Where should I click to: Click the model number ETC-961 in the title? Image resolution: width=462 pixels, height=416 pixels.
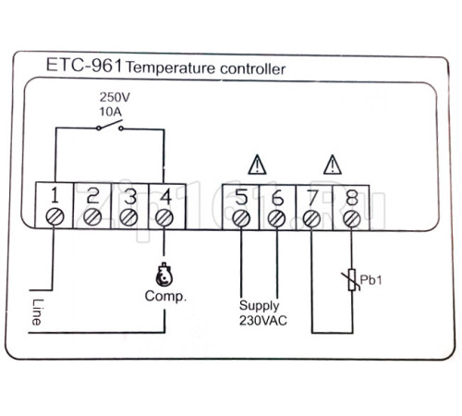tap(84, 66)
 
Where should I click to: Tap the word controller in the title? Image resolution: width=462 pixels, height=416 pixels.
tap(252, 69)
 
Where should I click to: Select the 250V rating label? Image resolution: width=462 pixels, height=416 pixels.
tap(115, 97)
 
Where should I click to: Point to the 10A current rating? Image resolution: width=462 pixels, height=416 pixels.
tap(111, 112)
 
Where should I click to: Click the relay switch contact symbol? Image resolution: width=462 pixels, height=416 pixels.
tap(110, 126)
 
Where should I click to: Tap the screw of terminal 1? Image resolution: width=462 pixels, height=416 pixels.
tap(55, 217)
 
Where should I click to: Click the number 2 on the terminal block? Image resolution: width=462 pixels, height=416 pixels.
tap(92, 196)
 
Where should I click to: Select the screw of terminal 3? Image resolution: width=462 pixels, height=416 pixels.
tap(129, 217)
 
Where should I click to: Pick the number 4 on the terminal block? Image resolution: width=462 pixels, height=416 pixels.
tap(165, 196)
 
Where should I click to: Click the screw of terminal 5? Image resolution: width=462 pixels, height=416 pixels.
tap(241, 218)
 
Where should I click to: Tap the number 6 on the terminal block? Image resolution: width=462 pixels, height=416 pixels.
tap(278, 198)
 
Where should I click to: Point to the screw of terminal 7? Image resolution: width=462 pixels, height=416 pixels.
tap(311, 219)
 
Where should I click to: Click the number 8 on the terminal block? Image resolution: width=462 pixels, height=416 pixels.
tap(351, 198)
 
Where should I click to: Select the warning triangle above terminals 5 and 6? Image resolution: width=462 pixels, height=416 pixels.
tap(257, 165)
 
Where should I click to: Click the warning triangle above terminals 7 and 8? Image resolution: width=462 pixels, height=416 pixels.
tap(333, 165)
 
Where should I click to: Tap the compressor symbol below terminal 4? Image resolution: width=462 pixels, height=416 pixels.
tap(164, 275)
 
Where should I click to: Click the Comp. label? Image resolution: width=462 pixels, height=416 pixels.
tap(165, 297)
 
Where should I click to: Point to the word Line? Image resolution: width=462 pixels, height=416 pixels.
tap(37, 312)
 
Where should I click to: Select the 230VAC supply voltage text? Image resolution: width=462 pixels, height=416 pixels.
tap(263, 321)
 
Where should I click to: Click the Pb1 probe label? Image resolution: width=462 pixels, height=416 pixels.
tap(371, 280)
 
